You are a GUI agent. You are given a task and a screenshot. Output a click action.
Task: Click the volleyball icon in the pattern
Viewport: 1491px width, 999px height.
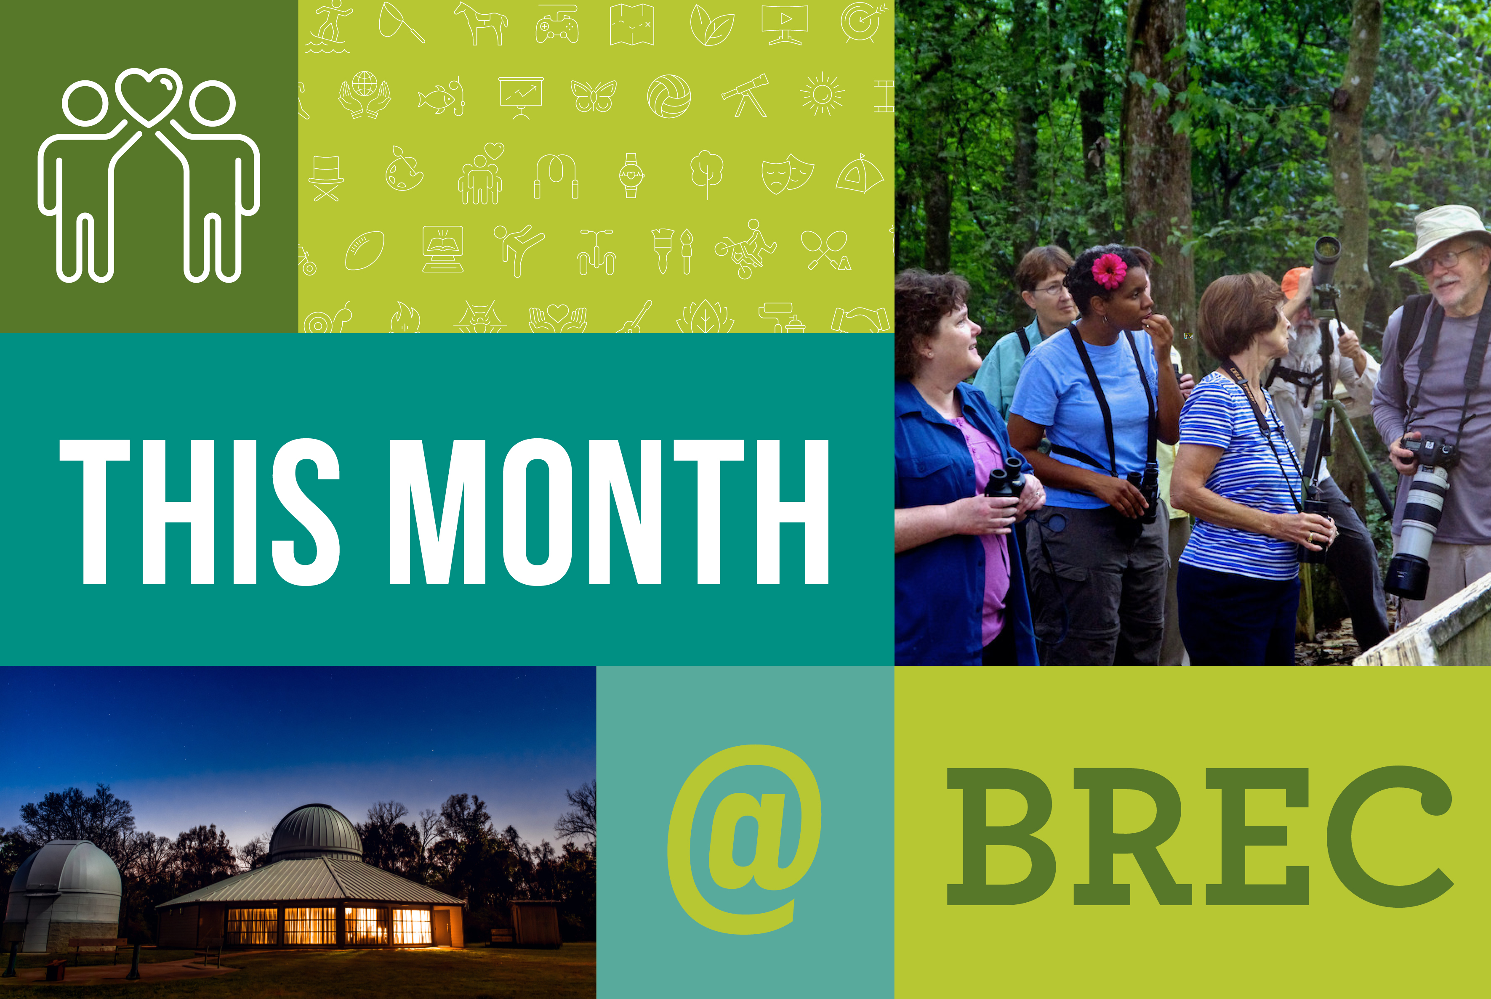pos(669,96)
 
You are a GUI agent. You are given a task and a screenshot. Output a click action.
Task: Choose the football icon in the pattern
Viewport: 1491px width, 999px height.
pos(365,250)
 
